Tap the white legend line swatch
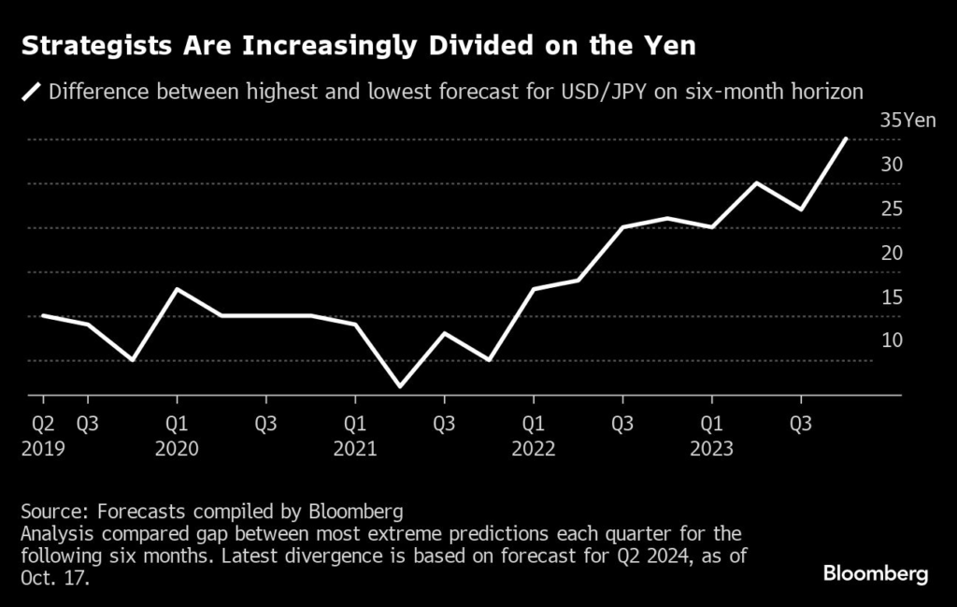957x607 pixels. click(33, 92)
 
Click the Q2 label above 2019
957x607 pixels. click(42, 425)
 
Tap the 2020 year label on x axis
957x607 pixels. click(177, 449)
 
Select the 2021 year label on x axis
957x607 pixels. click(354, 449)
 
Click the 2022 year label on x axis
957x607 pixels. click(533, 449)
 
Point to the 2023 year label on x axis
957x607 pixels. click(711, 449)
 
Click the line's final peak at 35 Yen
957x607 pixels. click(846, 139)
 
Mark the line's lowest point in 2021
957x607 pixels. click(399, 385)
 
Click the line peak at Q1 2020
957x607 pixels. click(177, 289)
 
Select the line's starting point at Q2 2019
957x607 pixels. click(43, 315)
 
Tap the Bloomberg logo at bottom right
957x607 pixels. click(876, 573)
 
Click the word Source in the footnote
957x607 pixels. click(48, 512)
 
